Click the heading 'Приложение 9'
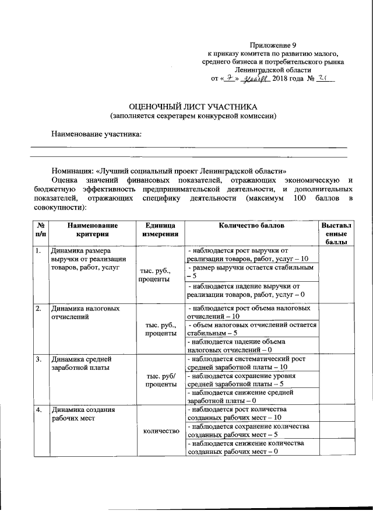click(273, 45)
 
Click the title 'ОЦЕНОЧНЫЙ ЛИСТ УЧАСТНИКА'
click(193, 107)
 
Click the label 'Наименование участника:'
click(97, 134)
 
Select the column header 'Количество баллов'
click(251, 225)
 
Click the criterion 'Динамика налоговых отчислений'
click(86, 313)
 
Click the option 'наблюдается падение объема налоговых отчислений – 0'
click(251, 345)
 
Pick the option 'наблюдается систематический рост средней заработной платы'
click(251, 363)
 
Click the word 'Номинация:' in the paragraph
click(72, 172)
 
